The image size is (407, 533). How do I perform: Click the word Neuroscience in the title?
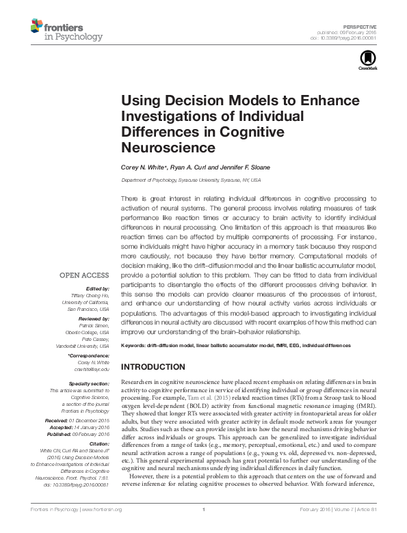168,147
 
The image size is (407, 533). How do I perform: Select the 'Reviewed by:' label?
95,319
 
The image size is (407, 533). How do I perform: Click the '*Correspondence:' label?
90,356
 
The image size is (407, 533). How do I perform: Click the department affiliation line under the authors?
191,180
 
